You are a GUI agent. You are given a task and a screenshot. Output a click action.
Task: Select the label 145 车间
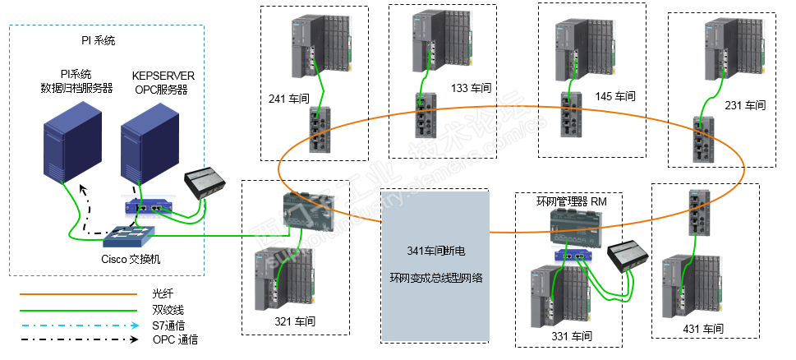click(x=615, y=96)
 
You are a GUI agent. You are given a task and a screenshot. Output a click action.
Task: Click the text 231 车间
click(x=745, y=105)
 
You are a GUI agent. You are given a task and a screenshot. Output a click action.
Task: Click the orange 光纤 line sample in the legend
click(x=77, y=293)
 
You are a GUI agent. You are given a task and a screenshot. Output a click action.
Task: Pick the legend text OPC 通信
click(x=175, y=339)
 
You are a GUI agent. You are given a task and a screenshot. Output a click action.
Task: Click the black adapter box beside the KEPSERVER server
click(x=206, y=181)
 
